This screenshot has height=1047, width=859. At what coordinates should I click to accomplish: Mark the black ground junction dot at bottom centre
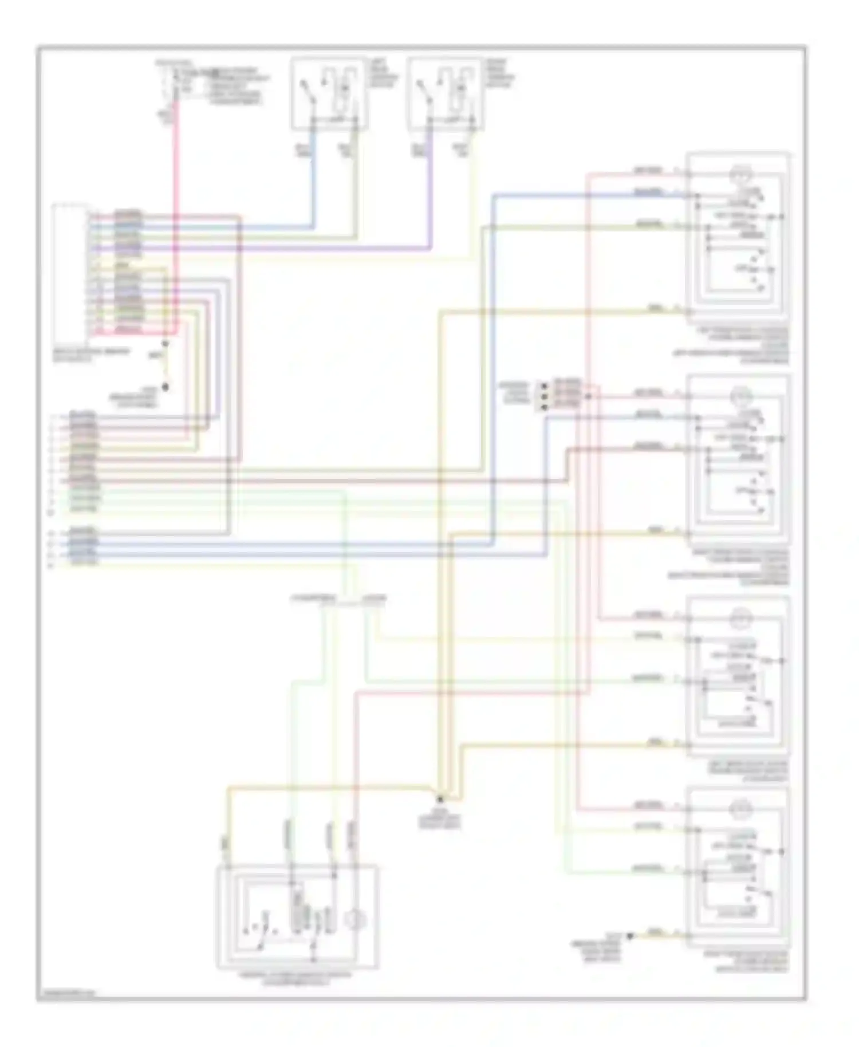(x=440, y=797)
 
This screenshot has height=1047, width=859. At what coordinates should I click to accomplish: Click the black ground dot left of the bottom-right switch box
(x=630, y=936)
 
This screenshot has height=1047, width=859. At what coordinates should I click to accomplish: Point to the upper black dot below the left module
(x=165, y=344)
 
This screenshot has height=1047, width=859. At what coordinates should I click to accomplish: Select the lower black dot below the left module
(x=165, y=387)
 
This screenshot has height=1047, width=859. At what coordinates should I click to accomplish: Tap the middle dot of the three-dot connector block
(x=543, y=396)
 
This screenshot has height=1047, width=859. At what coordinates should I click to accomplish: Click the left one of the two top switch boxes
(x=329, y=93)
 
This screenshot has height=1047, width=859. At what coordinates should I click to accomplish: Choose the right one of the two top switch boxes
(x=447, y=93)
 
